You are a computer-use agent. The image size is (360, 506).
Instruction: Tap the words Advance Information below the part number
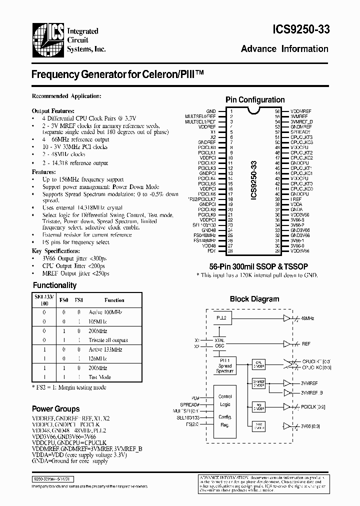point(284,49)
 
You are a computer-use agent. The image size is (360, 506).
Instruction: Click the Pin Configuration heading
point(255,99)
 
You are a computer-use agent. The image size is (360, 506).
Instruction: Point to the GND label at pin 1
point(210,111)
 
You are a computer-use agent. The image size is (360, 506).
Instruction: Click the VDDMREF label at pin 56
point(300,111)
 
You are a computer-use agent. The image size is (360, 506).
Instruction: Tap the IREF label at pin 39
point(295,198)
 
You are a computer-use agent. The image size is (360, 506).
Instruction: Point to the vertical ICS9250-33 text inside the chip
point(254,180)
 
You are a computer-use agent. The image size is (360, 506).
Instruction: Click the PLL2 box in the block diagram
point(221,318)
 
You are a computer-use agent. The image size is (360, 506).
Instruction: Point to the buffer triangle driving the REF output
point(286,344)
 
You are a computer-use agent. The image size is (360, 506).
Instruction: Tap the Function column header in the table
point(114,300)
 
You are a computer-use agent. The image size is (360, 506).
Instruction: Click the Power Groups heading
point(56,409)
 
